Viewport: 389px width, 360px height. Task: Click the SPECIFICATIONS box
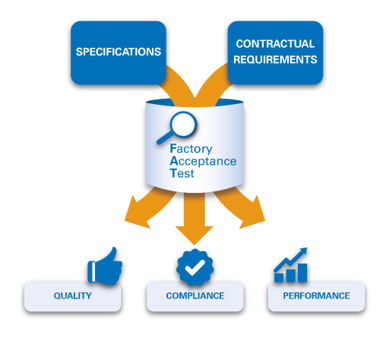pos(118,52)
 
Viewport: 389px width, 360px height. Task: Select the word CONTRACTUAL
pos(275,44)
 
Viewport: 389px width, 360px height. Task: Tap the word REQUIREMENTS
pos(275,59)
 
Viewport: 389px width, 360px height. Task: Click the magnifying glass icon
pos(177,128)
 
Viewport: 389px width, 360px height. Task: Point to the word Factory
pos(191,149)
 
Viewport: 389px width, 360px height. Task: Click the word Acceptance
pos(203,161)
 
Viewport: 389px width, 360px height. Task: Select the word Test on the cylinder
pos(182,173)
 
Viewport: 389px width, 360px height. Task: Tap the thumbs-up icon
pos(105,266)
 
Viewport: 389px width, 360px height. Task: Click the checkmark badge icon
pos(195,267)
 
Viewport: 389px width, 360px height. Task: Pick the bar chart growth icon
pos(290,266)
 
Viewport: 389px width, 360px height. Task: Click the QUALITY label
pos(73,296)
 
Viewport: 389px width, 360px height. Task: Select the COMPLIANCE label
pos(195,296)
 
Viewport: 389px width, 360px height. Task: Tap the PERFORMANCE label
pos(316,296)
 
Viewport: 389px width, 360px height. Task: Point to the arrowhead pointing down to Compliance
pos(194,235)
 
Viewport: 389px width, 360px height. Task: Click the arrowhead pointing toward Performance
pos(253,213)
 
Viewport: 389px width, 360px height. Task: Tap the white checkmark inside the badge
pos(195,267)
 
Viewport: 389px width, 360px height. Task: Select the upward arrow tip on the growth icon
pos(302,251)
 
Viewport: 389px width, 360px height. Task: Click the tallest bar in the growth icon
pos(302,273)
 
